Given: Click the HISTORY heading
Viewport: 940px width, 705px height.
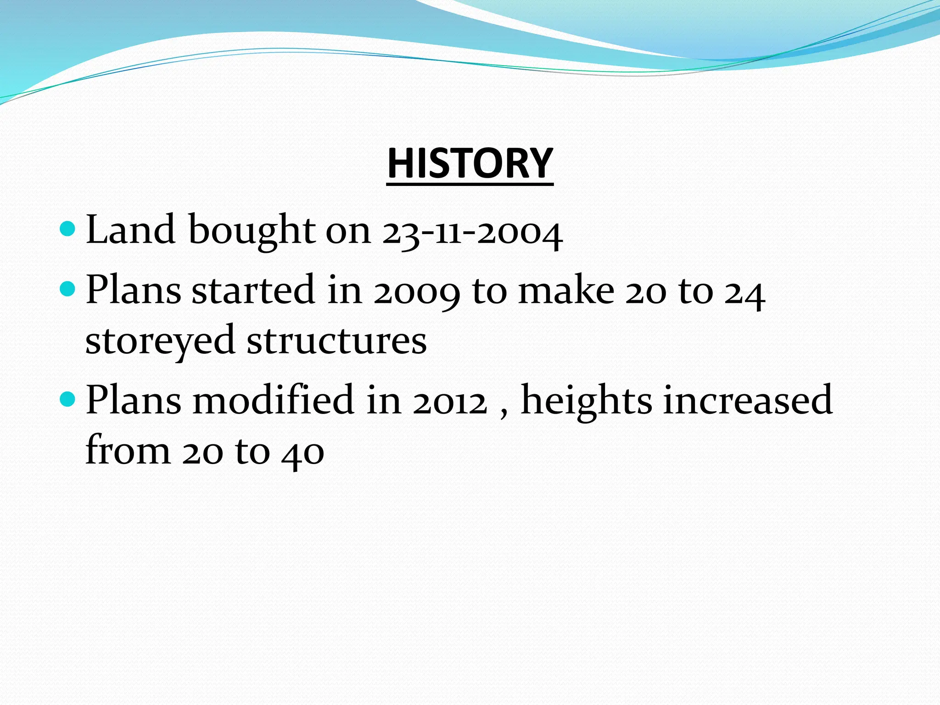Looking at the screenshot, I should tap(470, 163).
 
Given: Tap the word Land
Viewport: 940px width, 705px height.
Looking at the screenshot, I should tap(130, 229).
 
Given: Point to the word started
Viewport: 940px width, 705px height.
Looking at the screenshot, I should tap(253, 290).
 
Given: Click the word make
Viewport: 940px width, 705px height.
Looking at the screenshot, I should tap(566, 290).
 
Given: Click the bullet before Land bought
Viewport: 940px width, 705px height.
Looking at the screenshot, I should tap(67, 228).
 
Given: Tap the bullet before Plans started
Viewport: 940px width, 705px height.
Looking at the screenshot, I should tap(67, 289).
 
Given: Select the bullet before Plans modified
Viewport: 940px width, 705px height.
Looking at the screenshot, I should tap(67, 398).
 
